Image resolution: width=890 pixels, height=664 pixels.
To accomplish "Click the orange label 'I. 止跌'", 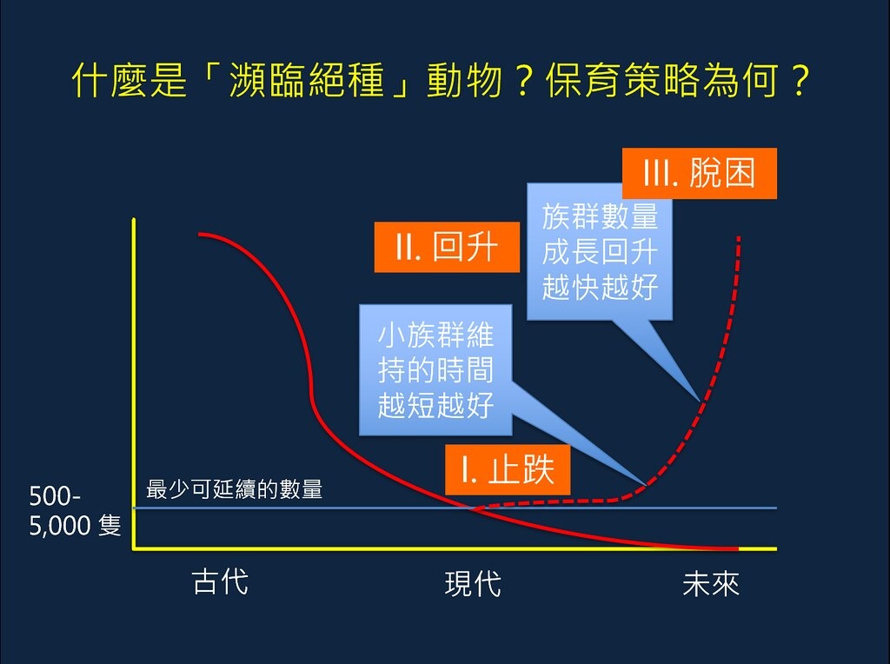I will pyautogui.click(x=507, y=470).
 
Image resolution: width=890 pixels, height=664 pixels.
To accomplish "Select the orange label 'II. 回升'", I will pyautogui.click(x=447, y=247).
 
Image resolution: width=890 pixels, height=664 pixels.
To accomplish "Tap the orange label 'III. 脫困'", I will pyautogui.click(x=699, y=174).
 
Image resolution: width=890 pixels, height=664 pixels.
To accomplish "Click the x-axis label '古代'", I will pyautogui.click(x=220, y=581).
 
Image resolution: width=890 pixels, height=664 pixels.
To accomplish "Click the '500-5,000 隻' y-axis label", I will pyautogui.click(x=75, y=512).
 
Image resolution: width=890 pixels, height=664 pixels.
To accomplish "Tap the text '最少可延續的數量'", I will pyautogui.click(x=235, y=490).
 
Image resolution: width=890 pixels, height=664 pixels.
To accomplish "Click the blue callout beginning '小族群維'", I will pyautogui.click(x=435, y=370).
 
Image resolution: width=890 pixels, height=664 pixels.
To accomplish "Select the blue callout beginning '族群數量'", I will pyautogui.click(x=600, y=252).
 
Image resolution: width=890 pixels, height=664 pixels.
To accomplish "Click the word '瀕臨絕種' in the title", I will pyautogui.click(x=309, y=83).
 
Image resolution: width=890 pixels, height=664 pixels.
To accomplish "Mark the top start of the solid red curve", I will pyautogui.click(x=200, y=234).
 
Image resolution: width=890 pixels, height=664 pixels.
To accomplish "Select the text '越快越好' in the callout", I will pyautogui.click(x=600, y=287).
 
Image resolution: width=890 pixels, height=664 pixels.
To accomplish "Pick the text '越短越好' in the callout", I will pyautogui.click(x=435, y=405).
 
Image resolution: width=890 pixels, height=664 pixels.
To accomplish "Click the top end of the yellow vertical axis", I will pyautogui.click(x=134, y=221).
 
